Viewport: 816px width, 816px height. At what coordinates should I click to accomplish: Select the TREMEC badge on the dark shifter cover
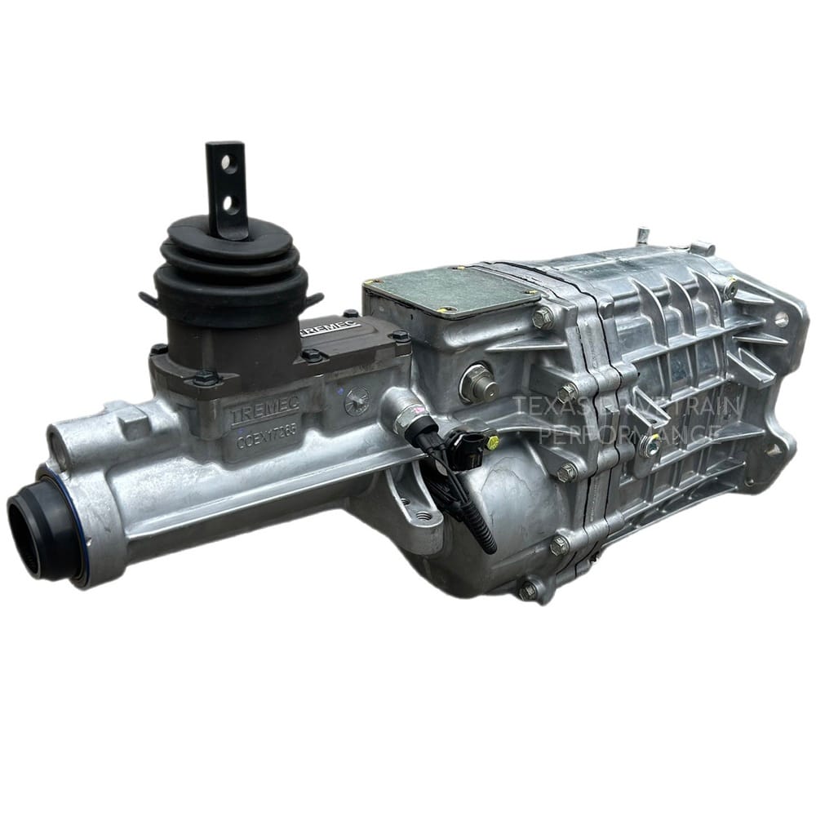click(330, 329)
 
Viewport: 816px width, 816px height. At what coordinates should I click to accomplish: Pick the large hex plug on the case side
click(476, 381)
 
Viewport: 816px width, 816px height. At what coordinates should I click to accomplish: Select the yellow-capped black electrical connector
click(474, 448)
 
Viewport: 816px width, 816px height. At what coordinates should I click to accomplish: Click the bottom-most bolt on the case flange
click(529, 589)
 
